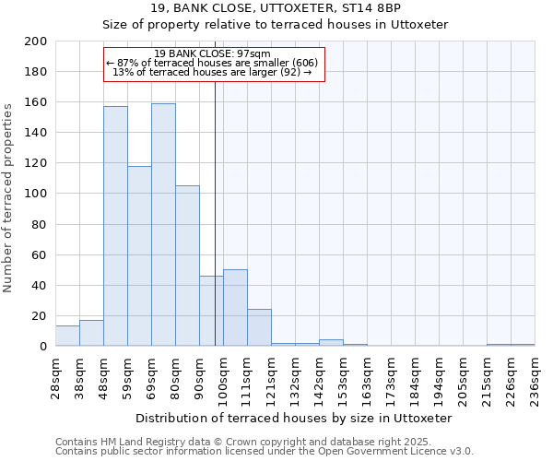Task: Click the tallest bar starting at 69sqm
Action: (x=163, y=225)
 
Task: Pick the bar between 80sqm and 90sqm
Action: (x=187, y=266)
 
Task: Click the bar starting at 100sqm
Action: (x=235, y=308)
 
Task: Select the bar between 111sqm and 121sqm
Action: (x=259, y=327)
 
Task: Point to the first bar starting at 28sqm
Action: (x=67, y=337)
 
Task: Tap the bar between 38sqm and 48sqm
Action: (x=91, y=333)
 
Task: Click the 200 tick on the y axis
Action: (x=36, y=42)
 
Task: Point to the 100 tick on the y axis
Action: (x=36, y=195)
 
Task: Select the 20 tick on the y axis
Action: (x=40, y=316)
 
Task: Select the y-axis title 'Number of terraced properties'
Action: (x=8, y=197)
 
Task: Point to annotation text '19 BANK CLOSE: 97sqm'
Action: (x=212, y=53)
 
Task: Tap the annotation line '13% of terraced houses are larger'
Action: (x=212, y=72)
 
